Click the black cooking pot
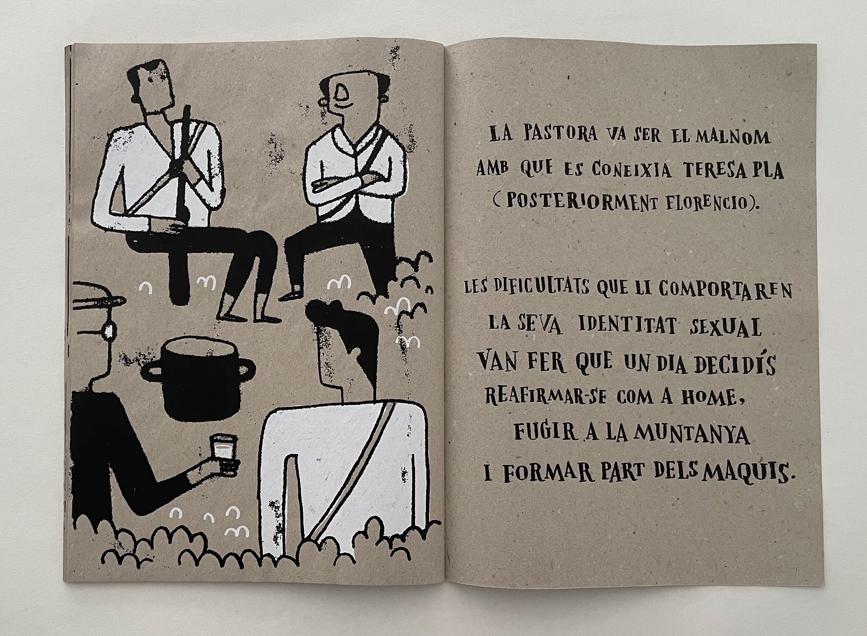point(198,378)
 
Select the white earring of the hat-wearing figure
point(109,331)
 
